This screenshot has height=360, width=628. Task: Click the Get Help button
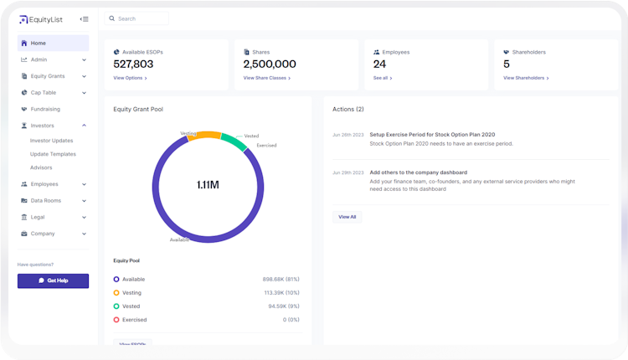[x=53, y=280]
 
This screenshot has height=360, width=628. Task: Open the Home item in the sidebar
[x=39, y=43]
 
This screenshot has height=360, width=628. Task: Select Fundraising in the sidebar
[x=45, y=109]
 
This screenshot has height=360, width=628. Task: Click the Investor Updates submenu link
[x=51, y=141]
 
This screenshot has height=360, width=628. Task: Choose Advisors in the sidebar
[x=41, y=167]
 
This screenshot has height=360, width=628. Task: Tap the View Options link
[x=130, y=78]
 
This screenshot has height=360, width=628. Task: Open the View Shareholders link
[x=526, y=78]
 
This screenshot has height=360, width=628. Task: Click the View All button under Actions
[x=347, y=217]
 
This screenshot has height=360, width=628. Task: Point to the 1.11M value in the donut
[x=208, y=184]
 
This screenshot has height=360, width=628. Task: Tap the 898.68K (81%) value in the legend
[x=281, y=279]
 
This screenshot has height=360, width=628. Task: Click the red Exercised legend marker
[x=116, y=320]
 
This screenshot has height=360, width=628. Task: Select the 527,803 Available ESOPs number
[x=134, y=64]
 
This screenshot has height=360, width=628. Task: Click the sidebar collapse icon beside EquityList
[x=84, y=18]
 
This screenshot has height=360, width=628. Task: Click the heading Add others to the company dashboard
[x=418, y=172]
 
